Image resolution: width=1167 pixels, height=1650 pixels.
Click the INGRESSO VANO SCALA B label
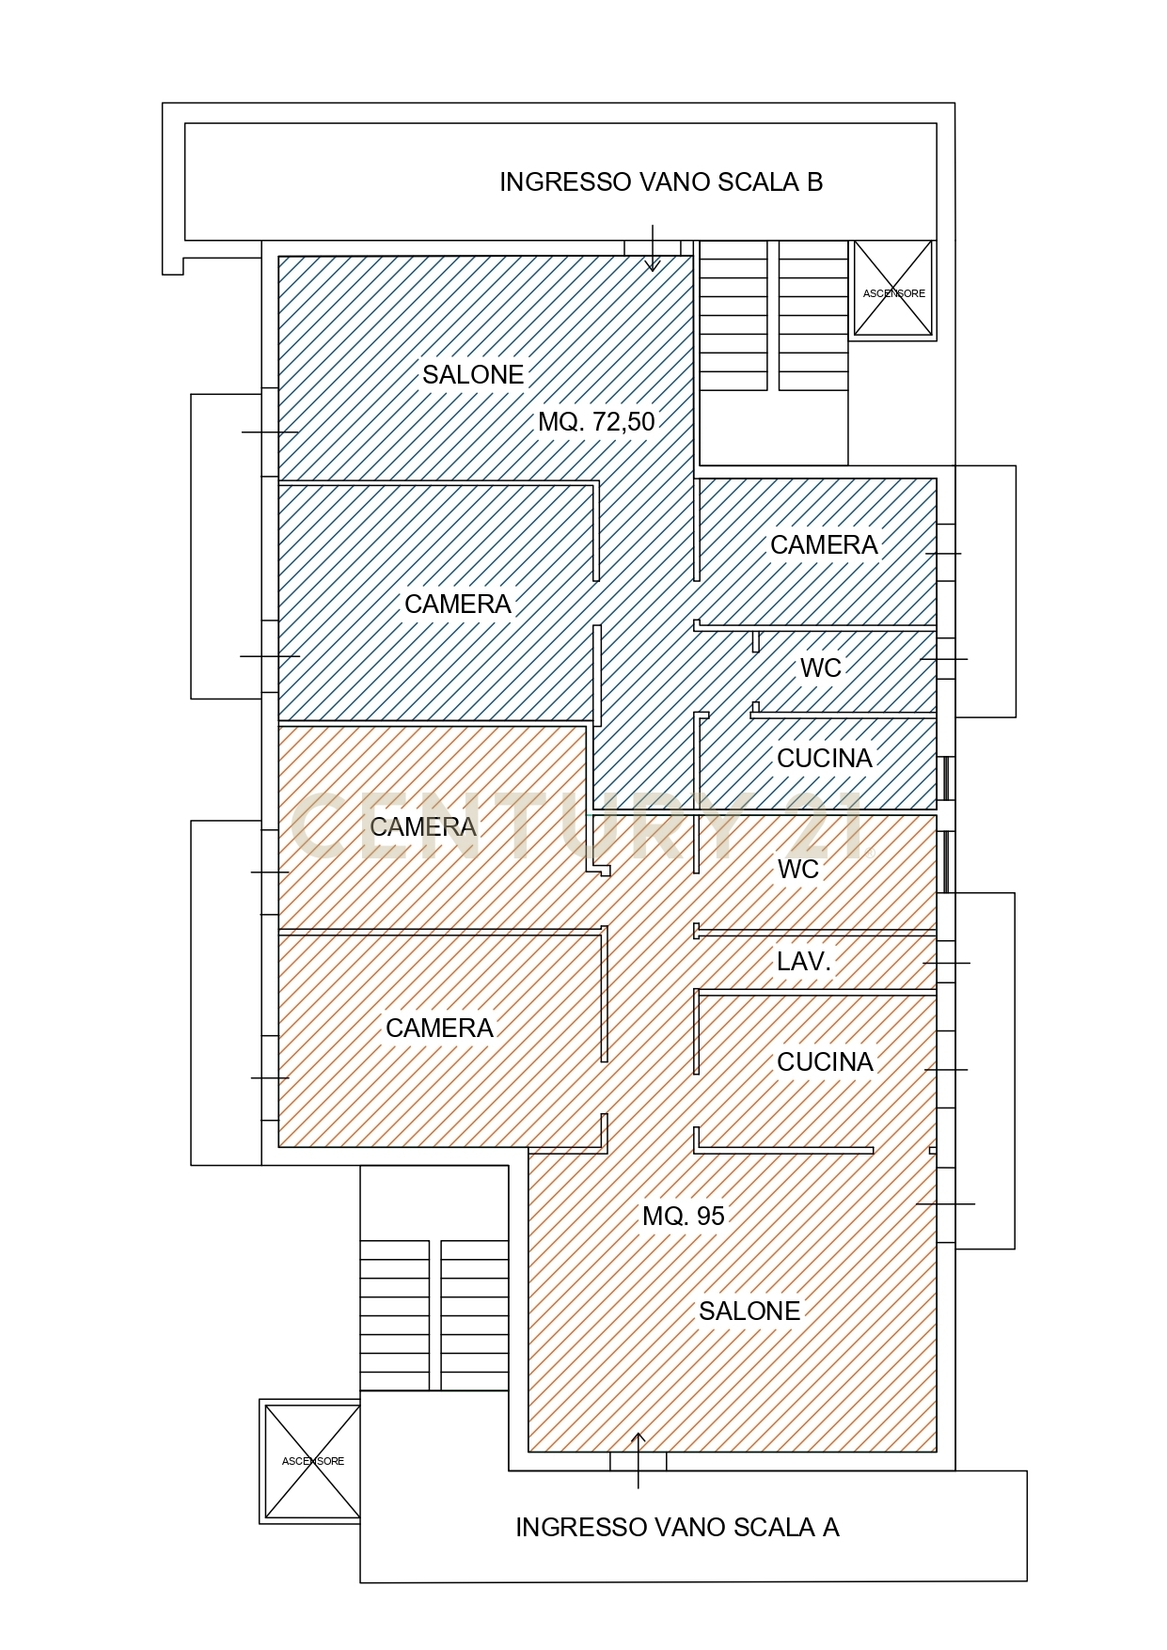pyautogui.click(x=661, y=182)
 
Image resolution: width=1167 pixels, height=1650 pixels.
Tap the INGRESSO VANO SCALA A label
pyautogui.click(x=677, y=1528)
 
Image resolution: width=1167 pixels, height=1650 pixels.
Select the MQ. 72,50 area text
pyautogui.click(x=596, y=422)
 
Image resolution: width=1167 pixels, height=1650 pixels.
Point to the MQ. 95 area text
pyautogui.click(x=684, y=1217)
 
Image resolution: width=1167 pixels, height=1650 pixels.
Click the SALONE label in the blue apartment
pyautogui.click(x=473, y=375)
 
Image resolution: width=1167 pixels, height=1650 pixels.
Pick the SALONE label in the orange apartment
pyautogui.click(x=749, y=1312)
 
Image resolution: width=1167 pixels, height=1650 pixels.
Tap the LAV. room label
pyautogui.click(x=804, y=962)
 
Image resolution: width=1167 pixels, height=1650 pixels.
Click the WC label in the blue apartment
pyautogui.click(x=821, y=668)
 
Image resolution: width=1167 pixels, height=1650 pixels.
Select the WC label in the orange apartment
pyautogui.click(x=798, y=870)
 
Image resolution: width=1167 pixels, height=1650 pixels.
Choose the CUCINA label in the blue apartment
pyautogui.click(x=825, y=759)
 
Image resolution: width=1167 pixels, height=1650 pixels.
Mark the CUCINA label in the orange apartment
pyautogui.click(x=826, y=1062)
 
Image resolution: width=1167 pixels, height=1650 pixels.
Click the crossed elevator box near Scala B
pyautogui.click(x=893, y=289)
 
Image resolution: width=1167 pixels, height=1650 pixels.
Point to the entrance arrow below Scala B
pyautogui.click(x=652, y=248)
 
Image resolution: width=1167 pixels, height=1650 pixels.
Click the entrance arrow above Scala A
pyautogui.click(x=639, y=1460)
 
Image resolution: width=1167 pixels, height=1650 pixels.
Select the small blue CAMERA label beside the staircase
pyautogui.click(x=824, y=545)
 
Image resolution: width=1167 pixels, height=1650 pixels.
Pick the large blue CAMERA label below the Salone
pyautogui.click(x=458, y=605)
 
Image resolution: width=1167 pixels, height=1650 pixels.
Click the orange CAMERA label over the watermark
pyautogui.click(x=423, y=827)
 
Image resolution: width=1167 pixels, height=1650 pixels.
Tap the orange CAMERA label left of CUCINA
pyautogui.click(x=439, y=1029)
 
